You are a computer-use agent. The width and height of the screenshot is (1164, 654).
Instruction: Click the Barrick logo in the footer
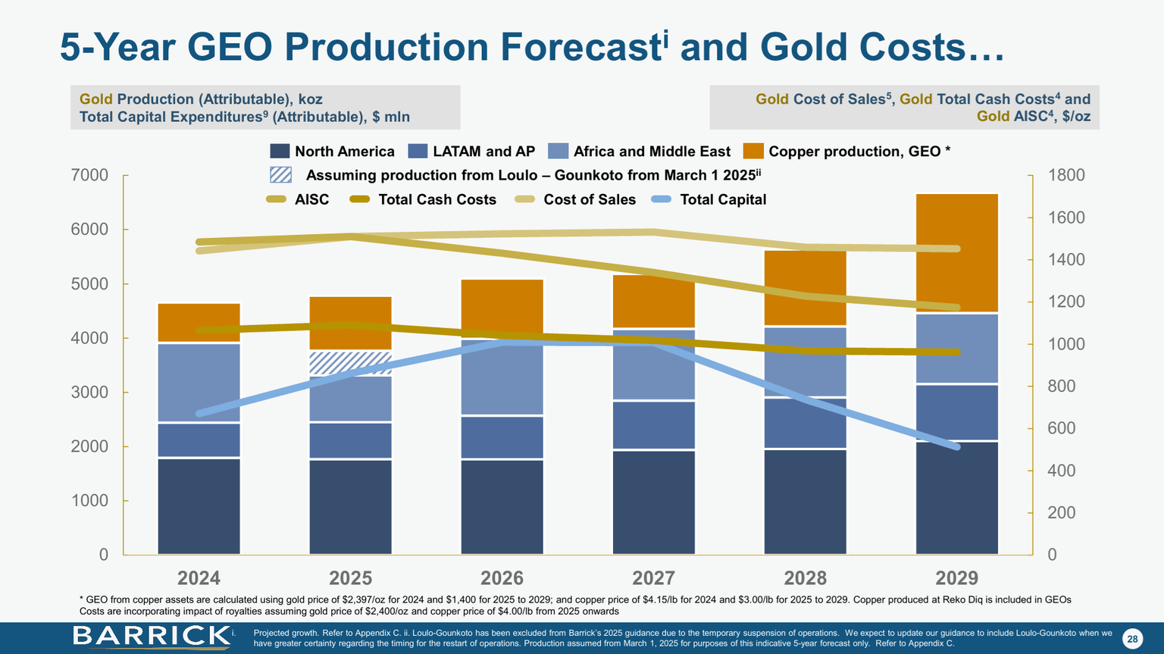point(152,637)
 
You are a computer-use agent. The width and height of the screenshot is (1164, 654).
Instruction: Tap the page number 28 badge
point(1132,639)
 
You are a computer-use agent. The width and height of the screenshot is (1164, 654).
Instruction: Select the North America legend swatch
point(280,152)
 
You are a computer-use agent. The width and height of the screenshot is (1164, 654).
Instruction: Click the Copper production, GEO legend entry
point(846,152)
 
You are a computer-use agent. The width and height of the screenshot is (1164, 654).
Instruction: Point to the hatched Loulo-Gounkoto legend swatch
point(280,175)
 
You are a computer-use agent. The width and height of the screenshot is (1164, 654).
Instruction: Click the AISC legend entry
point(298,199)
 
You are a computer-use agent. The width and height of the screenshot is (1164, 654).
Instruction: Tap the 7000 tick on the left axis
point(89,175)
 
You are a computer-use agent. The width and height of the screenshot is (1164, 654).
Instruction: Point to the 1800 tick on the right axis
point(1066,175)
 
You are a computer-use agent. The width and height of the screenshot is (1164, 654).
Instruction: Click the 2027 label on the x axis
point(653,578)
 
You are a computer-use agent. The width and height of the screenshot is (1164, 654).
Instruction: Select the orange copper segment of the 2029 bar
point(956,252)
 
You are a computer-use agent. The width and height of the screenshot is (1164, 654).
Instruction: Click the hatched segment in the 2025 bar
point(350,363)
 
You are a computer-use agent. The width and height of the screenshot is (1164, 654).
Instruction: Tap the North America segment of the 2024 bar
point(199,505)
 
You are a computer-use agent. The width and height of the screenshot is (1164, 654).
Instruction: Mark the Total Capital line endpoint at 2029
point(956,446)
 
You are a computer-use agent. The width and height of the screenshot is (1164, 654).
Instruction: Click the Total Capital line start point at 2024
point(199,414)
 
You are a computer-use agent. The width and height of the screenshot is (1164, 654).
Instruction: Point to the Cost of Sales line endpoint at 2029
point(956,249)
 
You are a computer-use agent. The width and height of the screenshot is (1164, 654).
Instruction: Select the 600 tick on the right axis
point(1062,428)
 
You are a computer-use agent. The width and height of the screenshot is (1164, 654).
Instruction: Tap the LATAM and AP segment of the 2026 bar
point(502,437)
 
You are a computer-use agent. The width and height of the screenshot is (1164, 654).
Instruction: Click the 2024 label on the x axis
point(199,578)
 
